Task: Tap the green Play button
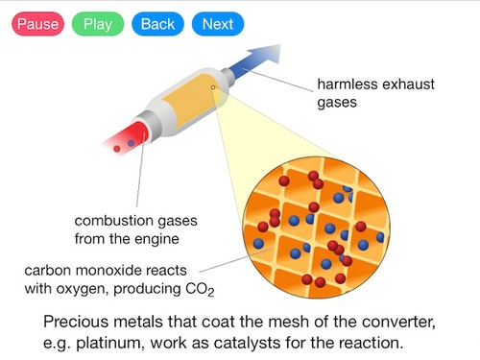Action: (98, 24)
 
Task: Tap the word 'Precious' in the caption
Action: (80, 321)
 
